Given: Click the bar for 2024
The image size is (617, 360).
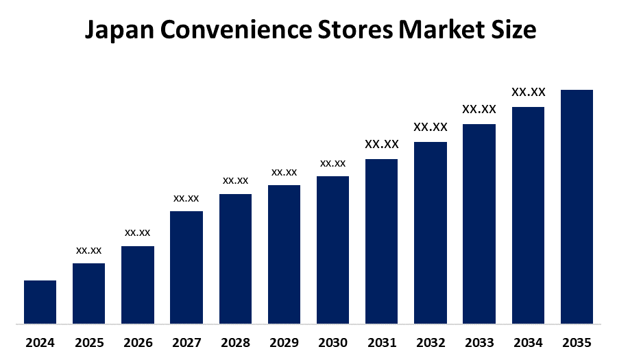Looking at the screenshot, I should click(x=40, y=302).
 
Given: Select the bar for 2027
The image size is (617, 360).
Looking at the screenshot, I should click(x=186, y=267).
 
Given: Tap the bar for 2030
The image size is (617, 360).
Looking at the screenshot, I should click(x=332, y=250).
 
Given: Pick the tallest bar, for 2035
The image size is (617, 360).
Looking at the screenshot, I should click(x=577, y=206).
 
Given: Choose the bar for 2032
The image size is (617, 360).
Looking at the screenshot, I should click(x=431, y=232).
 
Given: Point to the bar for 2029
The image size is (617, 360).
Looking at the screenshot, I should click(x=284, y=254).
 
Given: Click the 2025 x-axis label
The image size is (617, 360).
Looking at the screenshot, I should click(x=89, y=342).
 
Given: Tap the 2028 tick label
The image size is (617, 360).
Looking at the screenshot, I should click(x=235, y=342).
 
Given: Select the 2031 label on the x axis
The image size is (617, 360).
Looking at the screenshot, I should click(x=382, y=342).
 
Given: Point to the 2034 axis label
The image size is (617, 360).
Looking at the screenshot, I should click(x=528, y=342).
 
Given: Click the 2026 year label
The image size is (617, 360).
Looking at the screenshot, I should click(x=138, y=342).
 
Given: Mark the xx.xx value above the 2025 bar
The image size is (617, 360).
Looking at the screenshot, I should click(x=89, y=250).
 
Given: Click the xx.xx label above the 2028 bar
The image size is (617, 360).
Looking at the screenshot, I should click(x=235, y=181).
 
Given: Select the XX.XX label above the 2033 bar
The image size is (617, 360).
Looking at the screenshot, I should click(x=479, y=109).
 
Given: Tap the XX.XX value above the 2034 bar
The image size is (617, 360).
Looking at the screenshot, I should click(x=528, y=92).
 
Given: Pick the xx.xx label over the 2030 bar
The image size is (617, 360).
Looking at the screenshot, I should click(x=332, y=164).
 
